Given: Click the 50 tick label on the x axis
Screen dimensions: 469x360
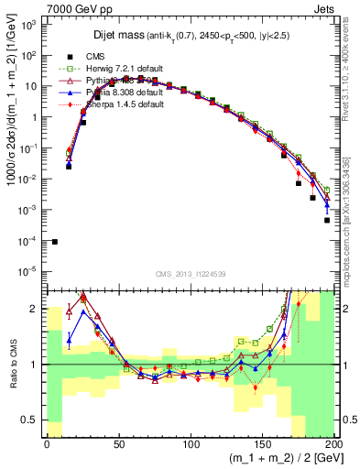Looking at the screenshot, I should pyautogui.click(x=119, y=445).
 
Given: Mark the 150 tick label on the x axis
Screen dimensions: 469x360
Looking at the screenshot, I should pyautogui.click(x=263, y=445).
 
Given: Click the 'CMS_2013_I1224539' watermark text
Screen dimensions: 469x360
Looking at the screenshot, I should pyautogui.click(x=190, y=274).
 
